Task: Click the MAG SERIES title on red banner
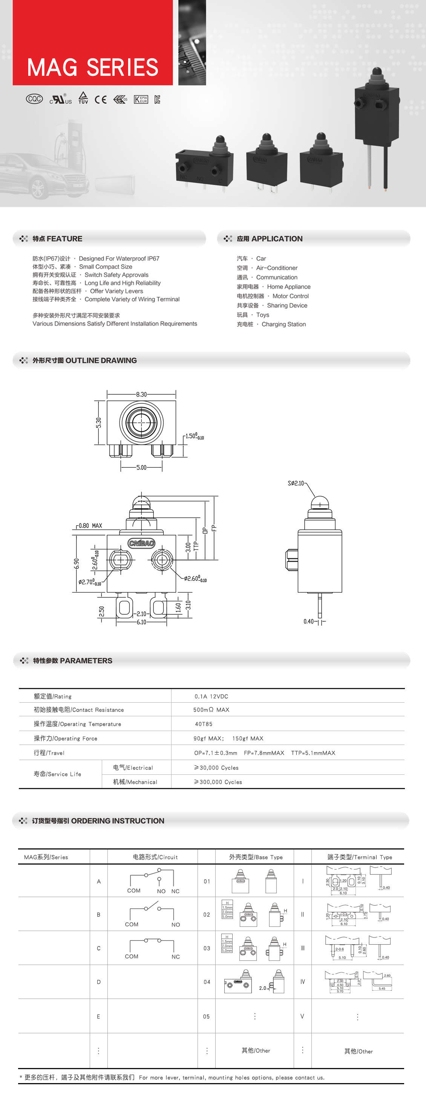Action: click(93, 68)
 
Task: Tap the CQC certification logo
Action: click(34, 99)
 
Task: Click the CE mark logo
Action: click(101, 100)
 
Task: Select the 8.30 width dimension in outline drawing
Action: click(141, 394)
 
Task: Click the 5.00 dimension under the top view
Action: click(141, 467)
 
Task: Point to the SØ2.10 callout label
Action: click(296, 483)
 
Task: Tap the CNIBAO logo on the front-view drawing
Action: click(141, 543)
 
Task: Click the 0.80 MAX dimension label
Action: click(90, 526)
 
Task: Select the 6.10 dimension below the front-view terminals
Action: click(141, 622)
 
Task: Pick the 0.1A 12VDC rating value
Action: click(211, 696)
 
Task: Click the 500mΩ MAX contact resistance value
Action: click(211, 710)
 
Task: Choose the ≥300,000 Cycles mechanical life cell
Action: click(218, 782)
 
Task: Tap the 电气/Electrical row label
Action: click(133, 768)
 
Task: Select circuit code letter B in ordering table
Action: click(98, 914)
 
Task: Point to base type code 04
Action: click(207, 982)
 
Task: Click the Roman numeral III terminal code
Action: click(303, 948)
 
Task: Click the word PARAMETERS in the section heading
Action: click(86, 661)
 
